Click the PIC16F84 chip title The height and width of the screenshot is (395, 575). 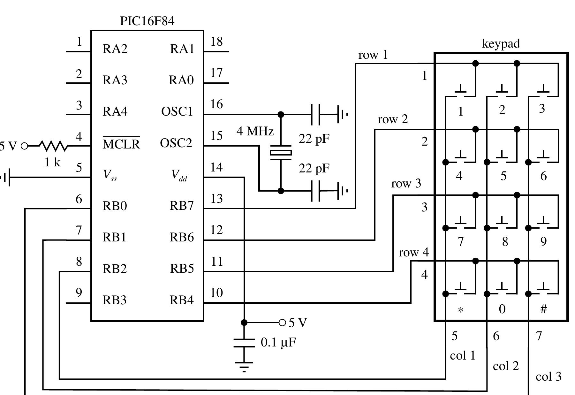[x=147, y=21]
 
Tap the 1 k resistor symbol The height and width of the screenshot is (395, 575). [x=53, y=146]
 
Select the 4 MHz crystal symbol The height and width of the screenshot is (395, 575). [x=281, y=153]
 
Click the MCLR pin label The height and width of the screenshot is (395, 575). [x=121, y=144]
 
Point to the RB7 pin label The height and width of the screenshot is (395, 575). [x=182, y=206]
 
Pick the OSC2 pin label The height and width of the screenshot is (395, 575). [x=176, y=143]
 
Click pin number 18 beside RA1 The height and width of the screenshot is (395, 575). [x=216, y=42]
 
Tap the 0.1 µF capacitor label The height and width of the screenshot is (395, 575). [x=278, y=343]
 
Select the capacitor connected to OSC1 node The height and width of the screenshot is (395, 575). [x=315, y=114]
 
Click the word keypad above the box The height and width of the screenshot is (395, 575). [x=501, y=43]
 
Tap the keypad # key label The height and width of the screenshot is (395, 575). [x=543, y=309]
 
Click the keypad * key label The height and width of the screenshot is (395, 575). [x=460, y=310]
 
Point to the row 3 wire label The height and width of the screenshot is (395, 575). [x=406, y=184]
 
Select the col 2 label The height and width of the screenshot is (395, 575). [x=506, y=366]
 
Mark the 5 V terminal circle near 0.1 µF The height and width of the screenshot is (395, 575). [x=282, y=323]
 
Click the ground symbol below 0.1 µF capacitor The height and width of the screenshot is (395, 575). [x=244, y=366]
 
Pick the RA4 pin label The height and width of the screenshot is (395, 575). [x=115, y=111]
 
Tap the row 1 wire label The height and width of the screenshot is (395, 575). [x=373, y=55]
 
